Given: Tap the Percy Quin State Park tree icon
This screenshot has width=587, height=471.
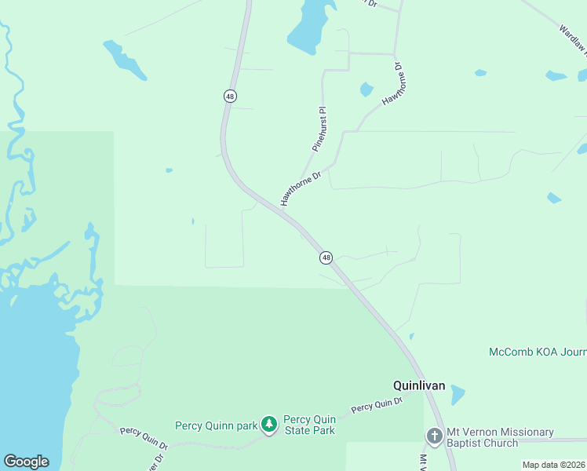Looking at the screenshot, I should [x=269, y=425].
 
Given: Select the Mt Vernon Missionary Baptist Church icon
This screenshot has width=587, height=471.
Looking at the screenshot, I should [x=434, y=436].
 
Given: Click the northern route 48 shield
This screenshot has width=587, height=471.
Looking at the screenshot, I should [x=229, y=96].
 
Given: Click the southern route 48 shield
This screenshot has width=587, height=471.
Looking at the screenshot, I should [x=326, y=257].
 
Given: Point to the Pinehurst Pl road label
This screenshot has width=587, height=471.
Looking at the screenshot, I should [x=319, y=130].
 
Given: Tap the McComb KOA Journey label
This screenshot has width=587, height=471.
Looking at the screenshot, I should [x=537, y=352].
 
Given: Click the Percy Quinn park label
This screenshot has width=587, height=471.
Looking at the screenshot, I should [x=216, y=425].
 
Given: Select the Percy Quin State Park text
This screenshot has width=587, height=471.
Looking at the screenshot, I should [x=309, y=425].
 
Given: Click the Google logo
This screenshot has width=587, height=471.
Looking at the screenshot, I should [x=26, y=462].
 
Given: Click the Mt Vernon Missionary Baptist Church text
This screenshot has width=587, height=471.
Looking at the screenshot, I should [x=500, y=437].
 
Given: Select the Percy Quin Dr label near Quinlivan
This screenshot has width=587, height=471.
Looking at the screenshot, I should [x=377, y=405].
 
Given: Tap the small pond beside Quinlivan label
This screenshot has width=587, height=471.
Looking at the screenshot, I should [x=456, y=393].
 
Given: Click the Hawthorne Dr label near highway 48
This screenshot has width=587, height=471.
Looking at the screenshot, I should [x=301, y=188].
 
